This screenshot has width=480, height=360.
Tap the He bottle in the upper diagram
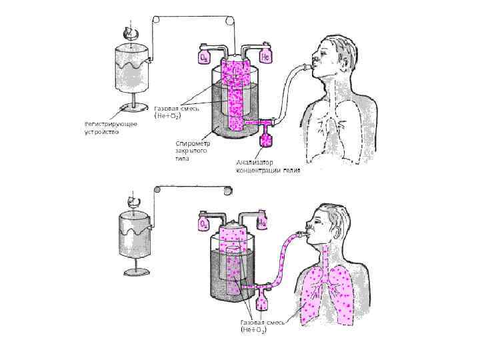265,56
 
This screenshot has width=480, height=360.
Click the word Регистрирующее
111,124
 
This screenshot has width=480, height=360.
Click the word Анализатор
255,163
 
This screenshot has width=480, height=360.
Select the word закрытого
192,151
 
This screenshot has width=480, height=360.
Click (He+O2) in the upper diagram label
167,116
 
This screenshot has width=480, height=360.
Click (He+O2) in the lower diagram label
253,330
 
